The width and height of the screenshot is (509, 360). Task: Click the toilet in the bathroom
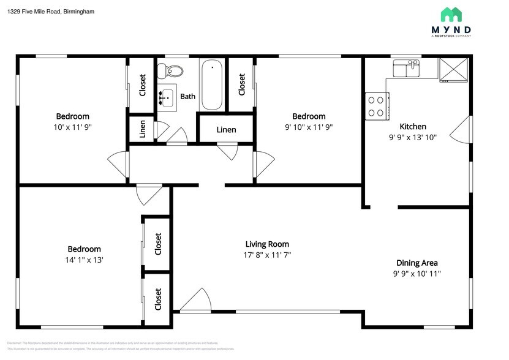167,71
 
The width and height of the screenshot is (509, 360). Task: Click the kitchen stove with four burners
377,105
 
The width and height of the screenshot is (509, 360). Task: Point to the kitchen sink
405,68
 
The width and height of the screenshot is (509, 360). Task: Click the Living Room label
267,244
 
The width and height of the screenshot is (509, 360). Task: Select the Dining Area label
417,263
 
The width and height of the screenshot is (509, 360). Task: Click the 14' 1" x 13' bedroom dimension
84,260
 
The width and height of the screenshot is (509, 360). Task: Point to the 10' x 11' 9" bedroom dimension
72,127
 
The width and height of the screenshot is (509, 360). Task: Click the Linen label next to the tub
226,130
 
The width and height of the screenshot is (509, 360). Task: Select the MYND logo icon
451,15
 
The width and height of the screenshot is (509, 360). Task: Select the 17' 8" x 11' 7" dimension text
268,255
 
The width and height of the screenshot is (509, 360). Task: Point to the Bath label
187,96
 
